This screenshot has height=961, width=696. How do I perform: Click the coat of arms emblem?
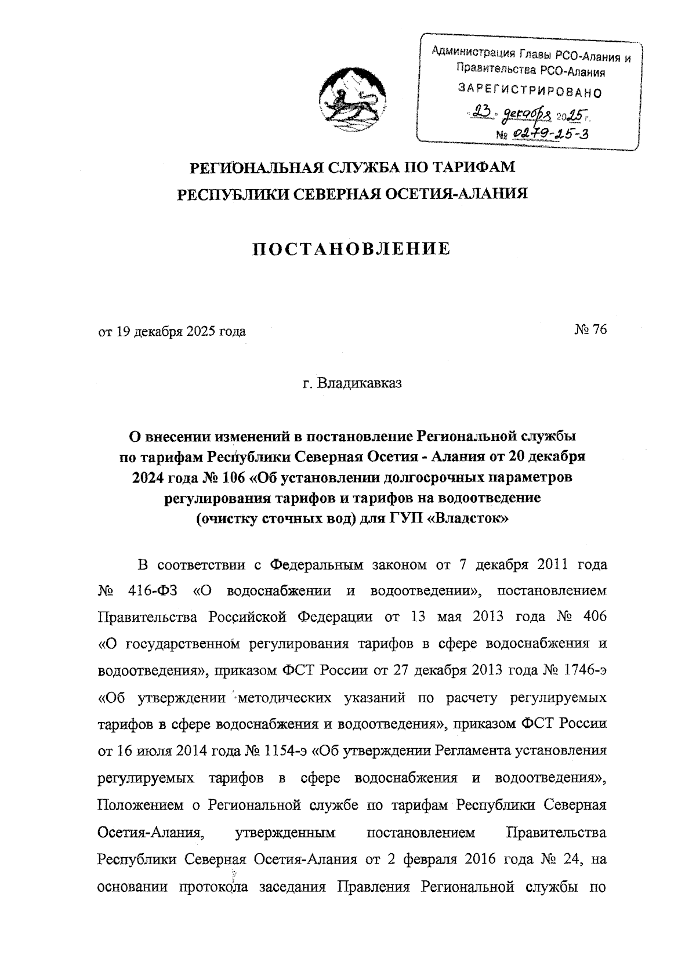pos(348,99)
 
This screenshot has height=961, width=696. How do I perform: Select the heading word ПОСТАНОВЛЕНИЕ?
pos(352,249)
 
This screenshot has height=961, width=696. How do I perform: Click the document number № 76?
pos(590,331)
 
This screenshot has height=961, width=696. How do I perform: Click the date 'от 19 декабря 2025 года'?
pos(172,332)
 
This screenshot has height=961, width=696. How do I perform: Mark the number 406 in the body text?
pos(592,617)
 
